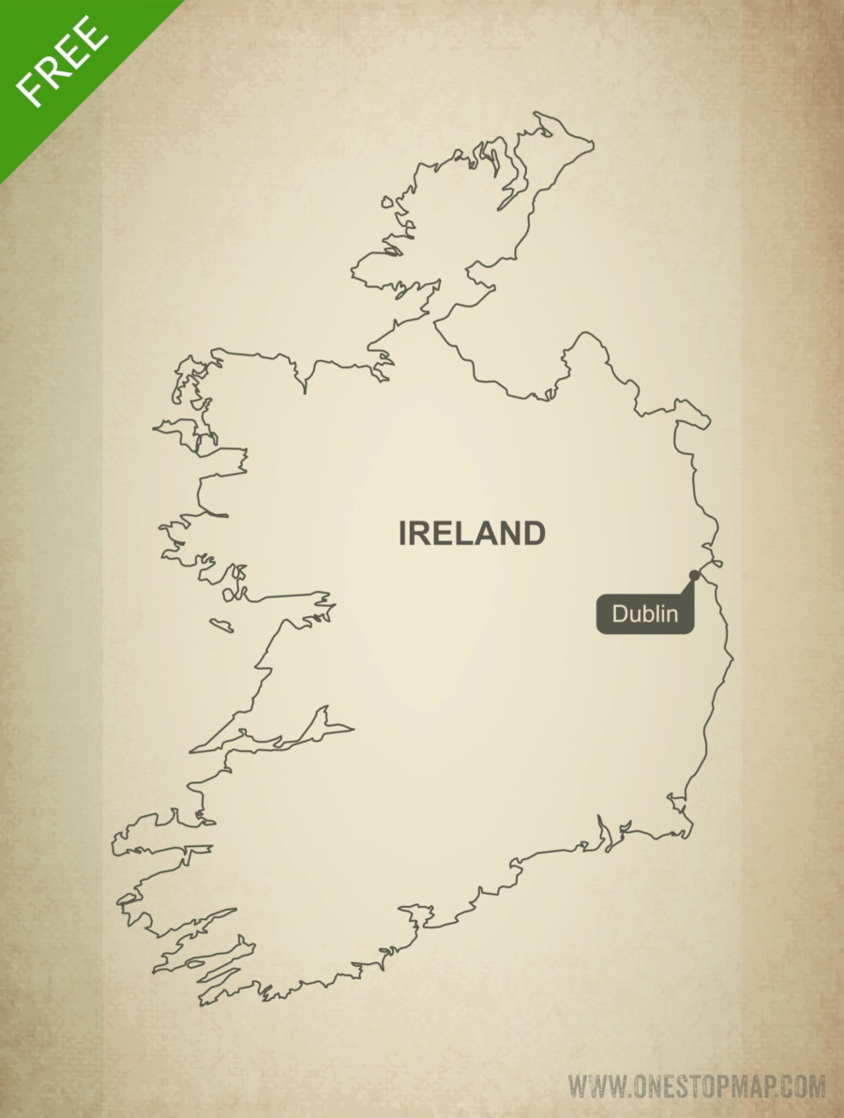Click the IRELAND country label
[x=472, y=534]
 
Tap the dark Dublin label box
[x=645, y=615]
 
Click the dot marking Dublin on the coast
[x=694, y=575]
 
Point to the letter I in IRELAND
[x=402, y=534]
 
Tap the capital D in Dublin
[x=620, y=615]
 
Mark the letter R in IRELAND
[x=418, y=534]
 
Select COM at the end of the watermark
[x=803, y=1088]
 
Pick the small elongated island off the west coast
[x=221, y=625]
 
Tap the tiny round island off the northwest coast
[x=385, y=201]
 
